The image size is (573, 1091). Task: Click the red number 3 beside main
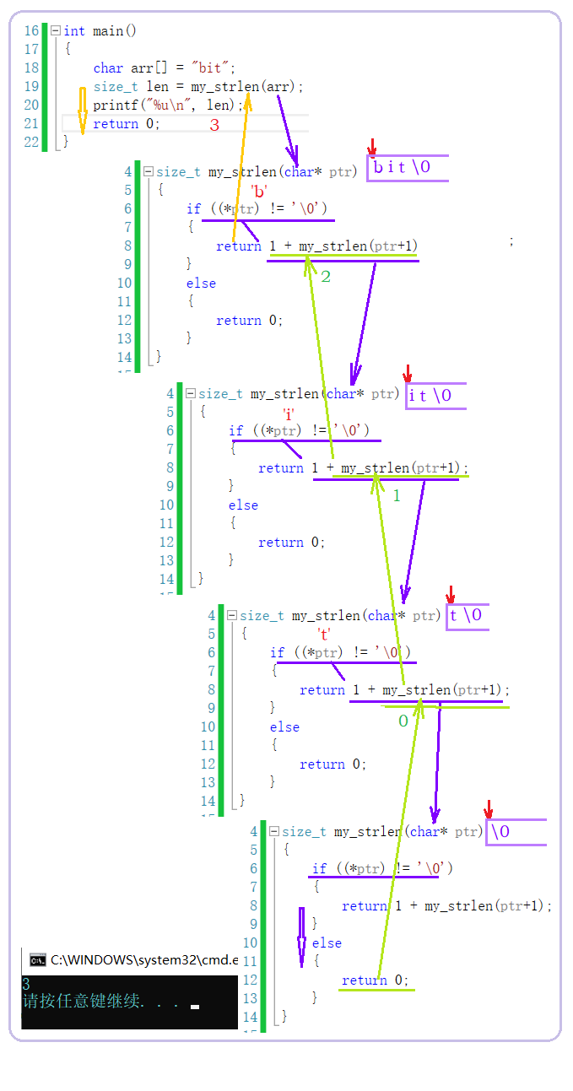(x=214, y=125)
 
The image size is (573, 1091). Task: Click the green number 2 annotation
(x=326, y=276)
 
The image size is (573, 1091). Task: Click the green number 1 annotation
(x=397, y=496)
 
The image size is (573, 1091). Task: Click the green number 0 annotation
(x=403, y=721)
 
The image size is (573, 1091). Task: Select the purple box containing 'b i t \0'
(x=407, y=168)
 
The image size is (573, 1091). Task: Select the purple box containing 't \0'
(x=467, y=615)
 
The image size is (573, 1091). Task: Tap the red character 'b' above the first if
(x=259, y=192)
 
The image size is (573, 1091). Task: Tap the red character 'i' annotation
(x=289, y=413)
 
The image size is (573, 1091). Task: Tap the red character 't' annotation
(x=323, y=635)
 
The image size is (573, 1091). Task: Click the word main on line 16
(x=108, y=31)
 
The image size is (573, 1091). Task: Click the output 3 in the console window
(x=26, y=984)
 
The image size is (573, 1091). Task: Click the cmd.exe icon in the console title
(x=37, y=959)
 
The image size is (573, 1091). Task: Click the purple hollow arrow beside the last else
(x=301, y=937)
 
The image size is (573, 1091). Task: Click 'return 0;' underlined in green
(x=375, y=980)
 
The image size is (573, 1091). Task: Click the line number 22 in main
(x=32, y=143)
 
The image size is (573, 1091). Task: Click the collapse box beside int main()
(x=56, y=31)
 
